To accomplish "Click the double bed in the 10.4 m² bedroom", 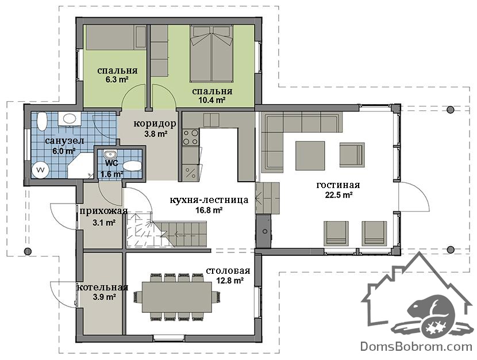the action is point(211,53).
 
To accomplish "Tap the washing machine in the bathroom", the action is point(40,170).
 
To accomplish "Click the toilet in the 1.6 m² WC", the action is point(132,166).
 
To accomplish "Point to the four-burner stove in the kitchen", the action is point(190,137).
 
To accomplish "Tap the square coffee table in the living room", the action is point(310,155).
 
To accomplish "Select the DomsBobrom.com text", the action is point(416,346).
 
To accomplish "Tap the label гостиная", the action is point(338,185).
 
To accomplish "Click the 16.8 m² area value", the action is point(209,210).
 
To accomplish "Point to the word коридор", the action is point(155,124).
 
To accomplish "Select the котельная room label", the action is point(102,288).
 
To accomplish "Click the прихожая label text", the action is point(103,211).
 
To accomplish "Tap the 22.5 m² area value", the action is point(338,195).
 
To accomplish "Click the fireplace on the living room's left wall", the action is point(263,231).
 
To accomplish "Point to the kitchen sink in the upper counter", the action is point(211,120).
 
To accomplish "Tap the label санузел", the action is point(64,141).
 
